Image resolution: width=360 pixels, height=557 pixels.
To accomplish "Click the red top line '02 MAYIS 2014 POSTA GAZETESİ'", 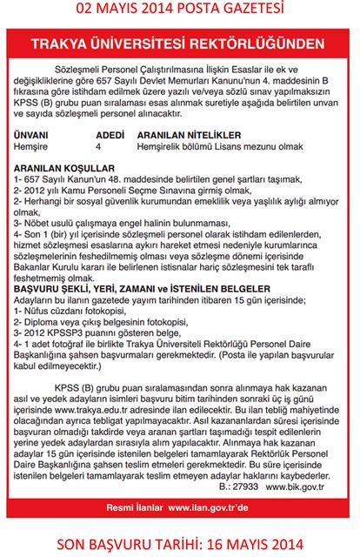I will [179, 10].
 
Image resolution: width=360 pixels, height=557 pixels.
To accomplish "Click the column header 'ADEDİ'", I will [110, 137].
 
